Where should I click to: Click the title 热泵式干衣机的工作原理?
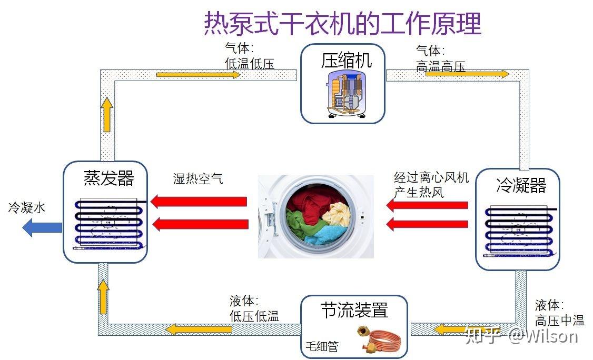click(x=342, y=24)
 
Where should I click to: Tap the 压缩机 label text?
click(x=346, y=61)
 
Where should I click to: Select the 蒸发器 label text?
click(x=109, y=178)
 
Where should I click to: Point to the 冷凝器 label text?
click(x=521, y=185)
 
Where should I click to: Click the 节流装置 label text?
click(x=354, y=310)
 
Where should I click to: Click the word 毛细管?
click(x=322, y=346)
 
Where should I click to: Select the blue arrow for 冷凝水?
click(x=42, y=228)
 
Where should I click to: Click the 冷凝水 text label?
click(x=27, y=207)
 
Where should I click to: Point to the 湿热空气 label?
click(x=198, y=178)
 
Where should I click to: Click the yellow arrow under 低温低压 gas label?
click(x=198, y=75)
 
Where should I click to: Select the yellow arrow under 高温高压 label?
click(x=468, y=74)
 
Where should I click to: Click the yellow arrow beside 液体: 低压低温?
click(x=199, y=329)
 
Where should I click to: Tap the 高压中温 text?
click(x=560, y=321)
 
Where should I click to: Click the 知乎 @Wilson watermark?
click(x=522, y=335)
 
